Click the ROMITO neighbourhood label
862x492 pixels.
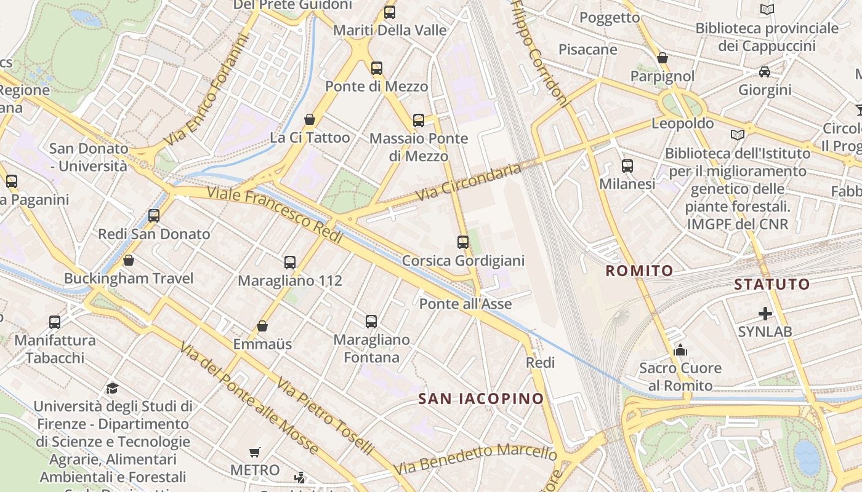[x=639, y=271]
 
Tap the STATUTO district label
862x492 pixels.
[x=771, y=284]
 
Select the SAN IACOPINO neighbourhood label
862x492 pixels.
[x=481, y=399]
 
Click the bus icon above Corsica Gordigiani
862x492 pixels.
[x=463, y=242]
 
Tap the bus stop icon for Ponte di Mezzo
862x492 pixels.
[x=377, y=68]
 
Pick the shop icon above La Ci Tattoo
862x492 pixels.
[x=310, y=119]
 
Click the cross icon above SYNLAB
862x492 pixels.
[x=765, y=314]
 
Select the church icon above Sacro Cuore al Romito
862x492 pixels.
[x=680, y=350]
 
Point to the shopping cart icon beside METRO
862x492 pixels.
[x=255, y=453]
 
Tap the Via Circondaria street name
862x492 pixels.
[x=469, y=182]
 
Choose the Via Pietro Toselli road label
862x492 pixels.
[x=325, y=416]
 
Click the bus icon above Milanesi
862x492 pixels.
[x=627, y=166]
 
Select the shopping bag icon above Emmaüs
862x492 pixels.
[x=262, y=326]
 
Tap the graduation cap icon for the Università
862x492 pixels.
[x=112, y=388]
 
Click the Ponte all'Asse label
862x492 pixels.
[x=465, y=304]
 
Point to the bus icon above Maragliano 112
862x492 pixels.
[x=290, y=263]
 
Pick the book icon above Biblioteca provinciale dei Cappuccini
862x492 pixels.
[x=767, y=10]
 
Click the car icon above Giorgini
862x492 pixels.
[x=764, y=72]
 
